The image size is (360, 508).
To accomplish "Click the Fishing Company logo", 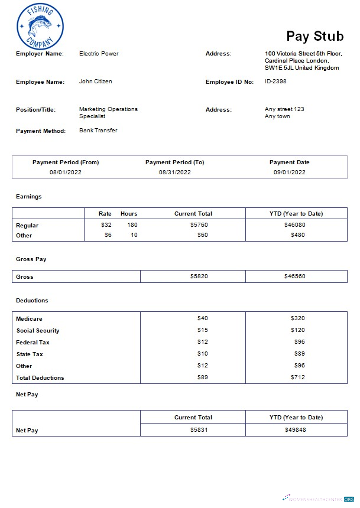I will click(40, 26).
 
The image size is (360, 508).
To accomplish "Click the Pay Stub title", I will click(314, 36).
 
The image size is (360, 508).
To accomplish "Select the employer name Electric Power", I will click(99, 54).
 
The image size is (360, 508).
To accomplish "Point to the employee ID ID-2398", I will click(275, 82).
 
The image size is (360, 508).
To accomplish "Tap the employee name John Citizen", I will click(95, 82).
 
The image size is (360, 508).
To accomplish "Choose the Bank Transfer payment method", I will click(98, 131).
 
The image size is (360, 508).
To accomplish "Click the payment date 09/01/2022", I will click(289, 172).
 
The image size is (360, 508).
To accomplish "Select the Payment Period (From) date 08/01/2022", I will click(66, 172).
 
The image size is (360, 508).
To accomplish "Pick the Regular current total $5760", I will click(199, 225).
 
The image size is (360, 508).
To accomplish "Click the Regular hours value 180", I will click(132, 225).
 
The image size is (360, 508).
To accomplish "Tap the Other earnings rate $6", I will click(107, 235).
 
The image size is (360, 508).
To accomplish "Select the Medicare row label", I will click(29, 319).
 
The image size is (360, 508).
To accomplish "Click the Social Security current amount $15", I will click(203, 330).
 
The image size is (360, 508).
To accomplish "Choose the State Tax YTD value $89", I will click(299, 354).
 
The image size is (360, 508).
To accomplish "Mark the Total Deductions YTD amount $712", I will click(297, 377).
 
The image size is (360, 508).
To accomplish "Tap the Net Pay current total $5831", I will click(199, 430).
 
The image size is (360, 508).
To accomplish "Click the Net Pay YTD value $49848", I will click(295, 430).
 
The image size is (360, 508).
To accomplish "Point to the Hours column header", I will click(129, 213).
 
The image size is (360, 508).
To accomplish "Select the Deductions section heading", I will click(32, 301).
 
